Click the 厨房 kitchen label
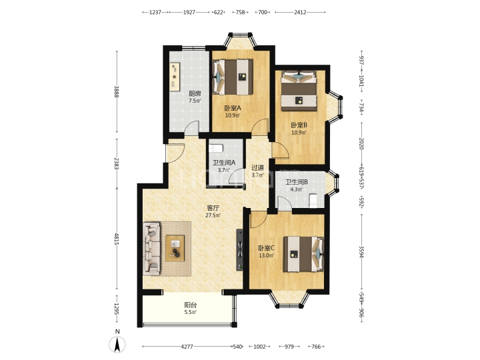(195, 93)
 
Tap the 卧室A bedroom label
(233, 108)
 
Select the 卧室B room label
(299, 125)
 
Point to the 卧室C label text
(266, 248)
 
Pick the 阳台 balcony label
(191, 305)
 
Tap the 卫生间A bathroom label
(224, 163)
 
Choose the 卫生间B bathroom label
(296, 182)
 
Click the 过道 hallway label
(257, 168)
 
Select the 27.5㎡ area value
(213, 215)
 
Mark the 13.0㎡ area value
(266, 255)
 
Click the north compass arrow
(117, 344)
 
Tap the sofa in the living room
(152, 248)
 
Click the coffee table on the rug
(175, 248)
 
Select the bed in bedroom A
(233, 77)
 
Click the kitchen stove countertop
(175, 77)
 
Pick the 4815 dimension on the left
(117, 239)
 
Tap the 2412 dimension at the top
(300, 12)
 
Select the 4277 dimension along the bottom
(187, 347)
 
